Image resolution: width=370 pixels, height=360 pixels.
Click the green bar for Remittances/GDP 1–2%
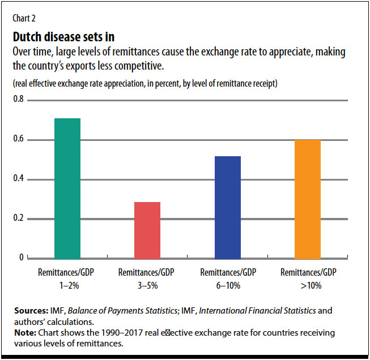click(x=67, y=188)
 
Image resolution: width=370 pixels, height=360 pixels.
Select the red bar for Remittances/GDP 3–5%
click(x=147, y=230)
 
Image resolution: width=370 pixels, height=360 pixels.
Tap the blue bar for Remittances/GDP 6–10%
click(x=227, y=207)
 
